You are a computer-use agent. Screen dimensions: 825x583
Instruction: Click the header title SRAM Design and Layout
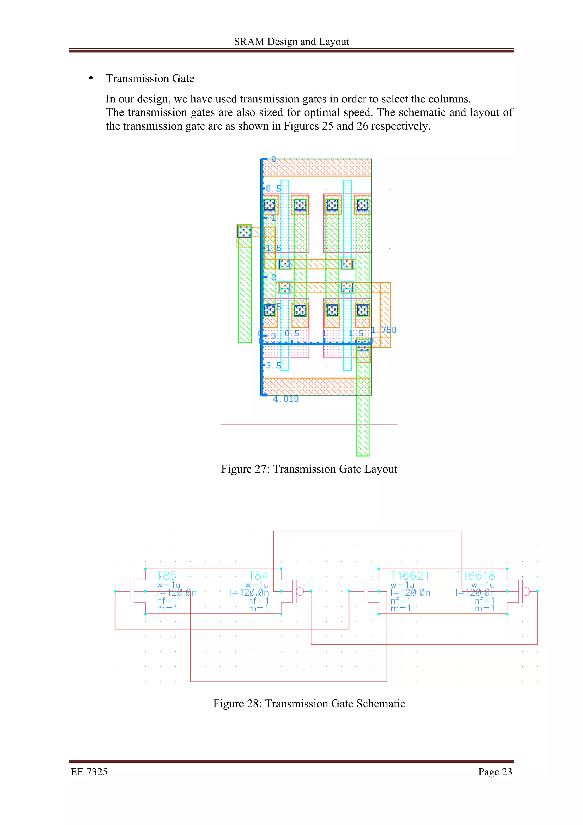[x=291, y=42]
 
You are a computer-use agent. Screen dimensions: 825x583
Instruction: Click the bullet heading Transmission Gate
[x=150, y=78]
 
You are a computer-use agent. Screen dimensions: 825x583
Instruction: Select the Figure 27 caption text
[x=309, y=469]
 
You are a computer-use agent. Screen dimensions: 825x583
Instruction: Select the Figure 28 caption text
[x=309, y=703]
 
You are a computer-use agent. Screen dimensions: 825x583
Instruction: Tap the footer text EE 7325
[x=89, y=772]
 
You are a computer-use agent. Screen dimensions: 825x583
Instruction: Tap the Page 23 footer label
[x=495, y=772]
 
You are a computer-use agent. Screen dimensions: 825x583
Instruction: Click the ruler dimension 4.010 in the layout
[x=286, y=399]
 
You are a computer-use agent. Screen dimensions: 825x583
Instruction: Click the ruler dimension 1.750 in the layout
[x=384, y=330]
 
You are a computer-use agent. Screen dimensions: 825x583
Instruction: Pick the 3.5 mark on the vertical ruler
[x=273, y=366]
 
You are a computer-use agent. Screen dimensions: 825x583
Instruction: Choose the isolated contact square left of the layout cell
[x=244, y=231]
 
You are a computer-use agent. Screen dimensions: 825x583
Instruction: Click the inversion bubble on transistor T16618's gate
[x=526, y=592]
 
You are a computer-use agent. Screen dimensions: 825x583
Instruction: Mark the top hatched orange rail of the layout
[x=317, y=168]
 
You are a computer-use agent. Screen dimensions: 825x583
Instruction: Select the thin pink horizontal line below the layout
[x=309, y=425]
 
